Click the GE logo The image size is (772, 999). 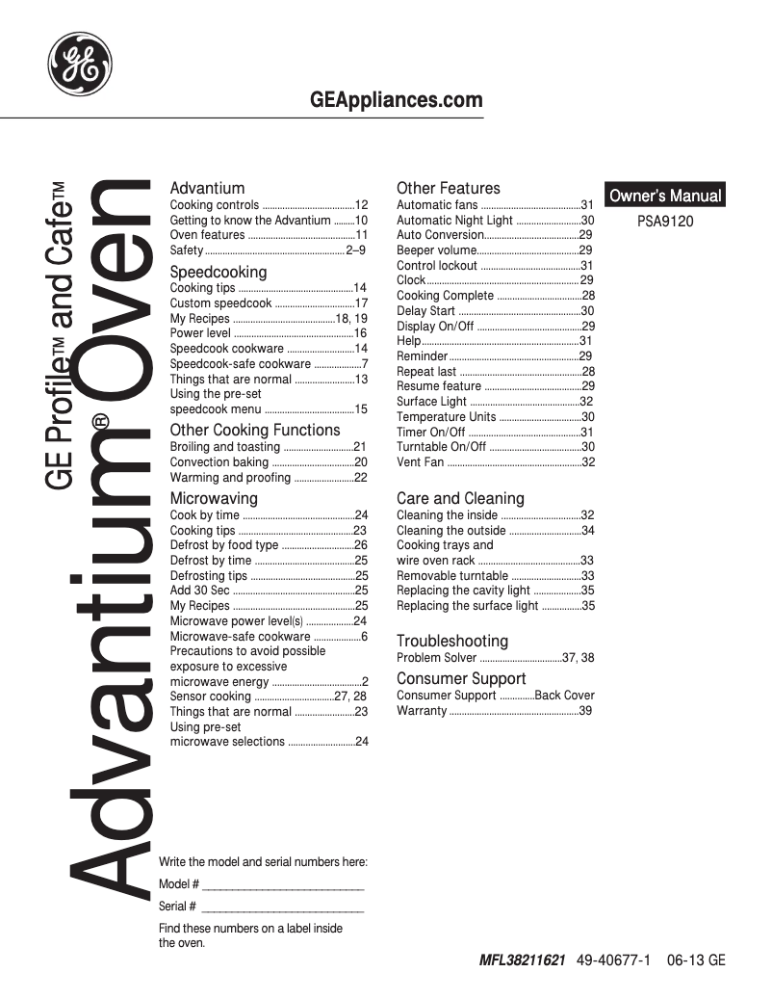pos(80,65)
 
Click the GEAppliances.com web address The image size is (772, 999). pos(397,100)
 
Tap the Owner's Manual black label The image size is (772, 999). pos(664,196)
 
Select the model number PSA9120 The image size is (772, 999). pos(665,221)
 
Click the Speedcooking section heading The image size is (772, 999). pos(219,273)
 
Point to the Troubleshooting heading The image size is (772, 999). pos(452,641)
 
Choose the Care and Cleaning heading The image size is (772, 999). pos(460,498)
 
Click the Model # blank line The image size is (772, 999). pos(283,885)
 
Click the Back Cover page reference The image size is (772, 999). pos(565,696)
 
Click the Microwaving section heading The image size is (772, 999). pos(214,498)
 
